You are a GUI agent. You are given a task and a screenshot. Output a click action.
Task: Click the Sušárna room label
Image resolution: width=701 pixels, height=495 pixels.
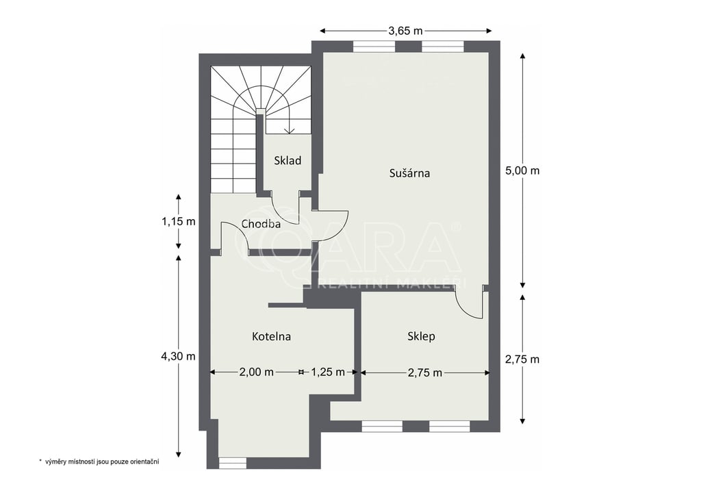click(409, 173)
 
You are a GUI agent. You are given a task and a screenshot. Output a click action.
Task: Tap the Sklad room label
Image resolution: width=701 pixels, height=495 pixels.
click(288, 160)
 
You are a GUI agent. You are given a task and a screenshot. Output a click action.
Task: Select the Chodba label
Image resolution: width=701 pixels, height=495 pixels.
click(261, 224)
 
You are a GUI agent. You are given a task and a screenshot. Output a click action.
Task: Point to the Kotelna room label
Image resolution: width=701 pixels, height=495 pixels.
click(271, 336)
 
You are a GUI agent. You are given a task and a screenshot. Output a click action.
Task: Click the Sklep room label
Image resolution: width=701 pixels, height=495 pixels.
click(421, 336)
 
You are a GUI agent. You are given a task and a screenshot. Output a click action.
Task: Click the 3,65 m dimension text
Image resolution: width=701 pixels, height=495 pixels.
click(405, 31)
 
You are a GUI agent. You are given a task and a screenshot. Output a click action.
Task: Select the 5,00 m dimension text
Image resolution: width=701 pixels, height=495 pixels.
click(522, 170)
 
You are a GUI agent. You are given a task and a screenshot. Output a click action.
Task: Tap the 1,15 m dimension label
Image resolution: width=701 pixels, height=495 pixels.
click(179, 221)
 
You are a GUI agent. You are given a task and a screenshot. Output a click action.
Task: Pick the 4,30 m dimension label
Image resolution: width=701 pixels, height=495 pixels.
click(179, 357)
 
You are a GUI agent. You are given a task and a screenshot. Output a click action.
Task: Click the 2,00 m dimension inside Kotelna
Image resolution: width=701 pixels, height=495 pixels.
click(256, 372)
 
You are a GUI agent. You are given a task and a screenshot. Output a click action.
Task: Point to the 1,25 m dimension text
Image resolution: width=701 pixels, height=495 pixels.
click(328, 372)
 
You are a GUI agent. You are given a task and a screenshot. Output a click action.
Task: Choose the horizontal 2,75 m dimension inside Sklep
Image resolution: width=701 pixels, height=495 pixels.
click(424, 372)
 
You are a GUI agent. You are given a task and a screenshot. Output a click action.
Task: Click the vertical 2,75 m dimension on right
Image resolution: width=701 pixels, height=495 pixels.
click(522, 359)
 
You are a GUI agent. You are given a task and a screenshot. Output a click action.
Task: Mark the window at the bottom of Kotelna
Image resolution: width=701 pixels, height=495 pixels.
click(233, 463)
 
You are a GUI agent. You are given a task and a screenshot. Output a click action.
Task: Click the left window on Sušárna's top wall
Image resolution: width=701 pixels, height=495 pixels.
click(374, 47)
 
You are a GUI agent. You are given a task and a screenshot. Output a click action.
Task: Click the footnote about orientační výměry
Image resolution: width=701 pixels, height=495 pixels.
click(99, 461)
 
